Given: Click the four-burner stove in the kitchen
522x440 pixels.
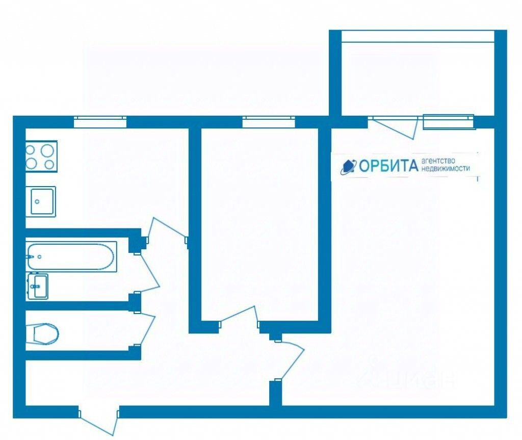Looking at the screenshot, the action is pos(41,157).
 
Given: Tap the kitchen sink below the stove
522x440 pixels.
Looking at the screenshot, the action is pos(41,201).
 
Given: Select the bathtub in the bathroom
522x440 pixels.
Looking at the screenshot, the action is pos(71,256).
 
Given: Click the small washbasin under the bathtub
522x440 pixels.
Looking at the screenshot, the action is pos(38,286).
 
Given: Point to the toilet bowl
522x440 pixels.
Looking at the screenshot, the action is pos(44,334).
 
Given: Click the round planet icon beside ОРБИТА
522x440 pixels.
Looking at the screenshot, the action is pos(349,166).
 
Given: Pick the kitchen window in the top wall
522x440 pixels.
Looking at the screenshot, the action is pos(100,122).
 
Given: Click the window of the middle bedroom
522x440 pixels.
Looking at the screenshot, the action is pos(269,122).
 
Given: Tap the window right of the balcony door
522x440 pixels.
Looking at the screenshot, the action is pos(449,122).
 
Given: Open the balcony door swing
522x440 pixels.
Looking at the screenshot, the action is pos(395,127).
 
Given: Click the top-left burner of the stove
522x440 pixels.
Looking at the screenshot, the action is pos(31,150).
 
